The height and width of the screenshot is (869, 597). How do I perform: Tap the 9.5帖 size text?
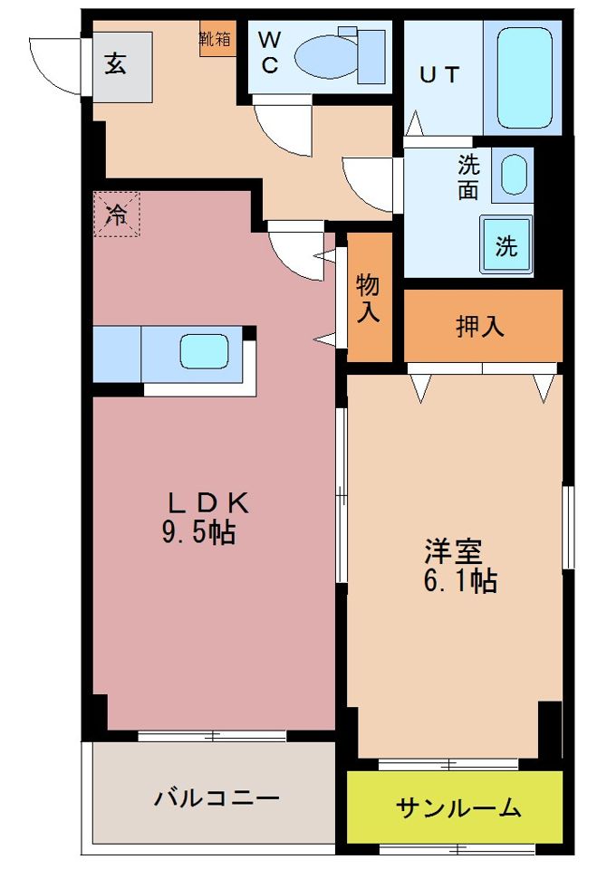point(198,533)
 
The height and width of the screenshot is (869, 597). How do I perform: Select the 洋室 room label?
point(453,549)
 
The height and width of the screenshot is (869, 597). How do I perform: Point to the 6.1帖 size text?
point(459,580)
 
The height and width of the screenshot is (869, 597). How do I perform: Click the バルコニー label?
point(216,797)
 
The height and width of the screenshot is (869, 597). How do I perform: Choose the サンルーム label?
point(458,807)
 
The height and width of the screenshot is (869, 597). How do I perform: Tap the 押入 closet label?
point(480,327)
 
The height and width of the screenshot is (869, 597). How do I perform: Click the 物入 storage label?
point(368,299)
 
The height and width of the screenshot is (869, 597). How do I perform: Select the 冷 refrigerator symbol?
point(117,214)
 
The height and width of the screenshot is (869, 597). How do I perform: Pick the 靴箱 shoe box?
point(217,39)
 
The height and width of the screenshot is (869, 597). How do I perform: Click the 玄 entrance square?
point(115,64)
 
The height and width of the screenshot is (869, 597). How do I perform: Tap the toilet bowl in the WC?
point(326,56)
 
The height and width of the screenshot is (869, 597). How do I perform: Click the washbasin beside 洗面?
point(514,175)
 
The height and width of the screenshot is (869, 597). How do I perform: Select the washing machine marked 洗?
point(506,245)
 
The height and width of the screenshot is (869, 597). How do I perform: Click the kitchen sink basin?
point(204,351)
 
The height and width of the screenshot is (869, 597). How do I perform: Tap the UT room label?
point(439,75)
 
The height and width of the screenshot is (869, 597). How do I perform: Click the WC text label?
point(271,53)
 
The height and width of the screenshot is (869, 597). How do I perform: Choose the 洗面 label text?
point(468,178)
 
